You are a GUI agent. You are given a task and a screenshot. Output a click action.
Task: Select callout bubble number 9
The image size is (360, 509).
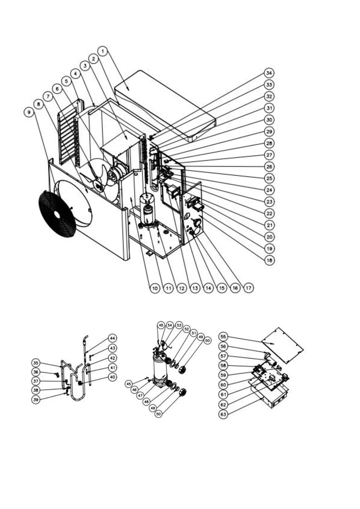coord(29,112)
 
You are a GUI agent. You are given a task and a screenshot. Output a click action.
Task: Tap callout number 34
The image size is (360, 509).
coord(269,73)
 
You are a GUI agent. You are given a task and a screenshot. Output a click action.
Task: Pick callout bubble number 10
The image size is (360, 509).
coord(155,288)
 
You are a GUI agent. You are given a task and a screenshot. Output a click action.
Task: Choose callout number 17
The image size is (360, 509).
coord(248,288)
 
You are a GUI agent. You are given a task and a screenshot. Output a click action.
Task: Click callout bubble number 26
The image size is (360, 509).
coord(269,167)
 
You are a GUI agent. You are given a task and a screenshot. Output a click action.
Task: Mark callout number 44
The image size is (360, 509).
coord(112,338)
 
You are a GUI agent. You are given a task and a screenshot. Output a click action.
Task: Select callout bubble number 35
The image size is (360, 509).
coord(36,363)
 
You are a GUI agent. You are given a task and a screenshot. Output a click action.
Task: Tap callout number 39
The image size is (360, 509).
coord(36,400)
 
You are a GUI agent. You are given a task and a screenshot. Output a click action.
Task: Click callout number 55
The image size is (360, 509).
coord(223,336)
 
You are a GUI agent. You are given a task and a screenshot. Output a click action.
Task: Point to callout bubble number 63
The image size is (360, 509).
coord(223,414)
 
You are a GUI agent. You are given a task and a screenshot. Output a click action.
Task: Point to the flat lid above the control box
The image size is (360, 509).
coord(283,345)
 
